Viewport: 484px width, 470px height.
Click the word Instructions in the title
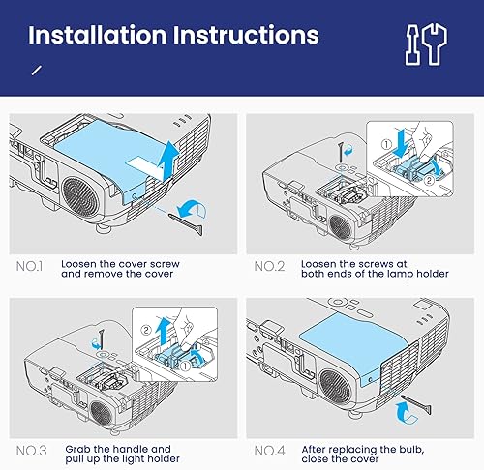tap(245, 35)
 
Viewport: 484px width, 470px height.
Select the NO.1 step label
tap(32, 263)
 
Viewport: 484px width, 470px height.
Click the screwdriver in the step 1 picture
tap(195, 219)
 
